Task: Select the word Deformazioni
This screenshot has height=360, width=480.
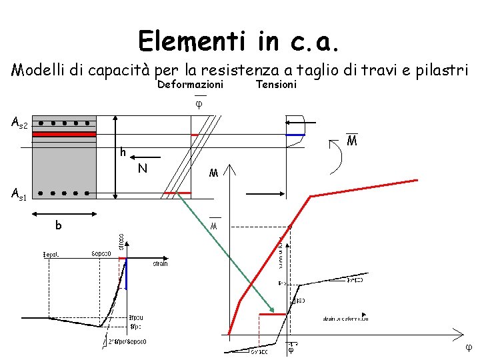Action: (x=190, y=85)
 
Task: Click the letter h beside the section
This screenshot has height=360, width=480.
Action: (x=123, y=153)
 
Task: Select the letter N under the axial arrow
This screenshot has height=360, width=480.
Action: (x=142, y=169)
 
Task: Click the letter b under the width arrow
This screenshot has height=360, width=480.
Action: (x=59, y=226)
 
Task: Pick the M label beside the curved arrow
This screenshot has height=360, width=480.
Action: (x=351, y=141)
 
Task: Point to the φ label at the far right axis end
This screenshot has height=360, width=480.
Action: (x=468, y=347)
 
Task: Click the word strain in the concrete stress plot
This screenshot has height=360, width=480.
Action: (x=160, y=264)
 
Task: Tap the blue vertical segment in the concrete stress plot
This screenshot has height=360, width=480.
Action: (x=126, y=275)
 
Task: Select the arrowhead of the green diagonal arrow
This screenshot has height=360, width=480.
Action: (x=272, y=310)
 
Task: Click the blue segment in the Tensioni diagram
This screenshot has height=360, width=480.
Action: (x=295, y=135)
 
